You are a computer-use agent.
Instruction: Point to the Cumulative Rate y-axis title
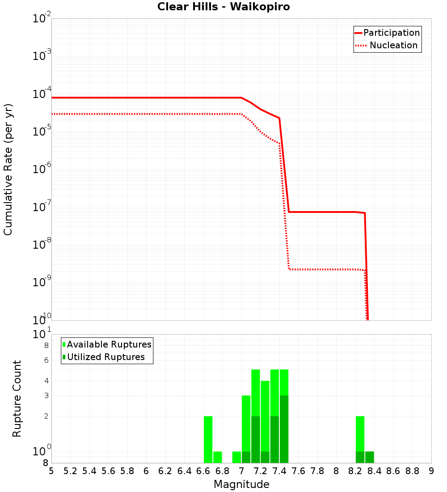click(x=8, y=169)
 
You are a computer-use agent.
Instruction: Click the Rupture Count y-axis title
click(x=17, y=399)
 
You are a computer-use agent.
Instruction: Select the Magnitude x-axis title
click(x=241, y=484)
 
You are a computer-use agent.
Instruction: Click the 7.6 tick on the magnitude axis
click(x=298, y=471)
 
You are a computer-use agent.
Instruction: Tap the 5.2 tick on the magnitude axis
click(x=71, y=471)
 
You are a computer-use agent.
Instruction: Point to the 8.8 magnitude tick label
click(x=412, y=471)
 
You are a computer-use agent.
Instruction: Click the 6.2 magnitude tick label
click(x=165, y=471)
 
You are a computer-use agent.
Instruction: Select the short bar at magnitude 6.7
click(x=217, y=457)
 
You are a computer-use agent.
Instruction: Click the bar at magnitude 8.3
click(x=369, y=457)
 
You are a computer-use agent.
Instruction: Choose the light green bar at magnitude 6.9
click(x=236, y=457)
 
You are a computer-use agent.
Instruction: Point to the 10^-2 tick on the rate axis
click(x=42, y=19)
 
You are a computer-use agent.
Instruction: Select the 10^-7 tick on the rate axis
click(x=42, y=207)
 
